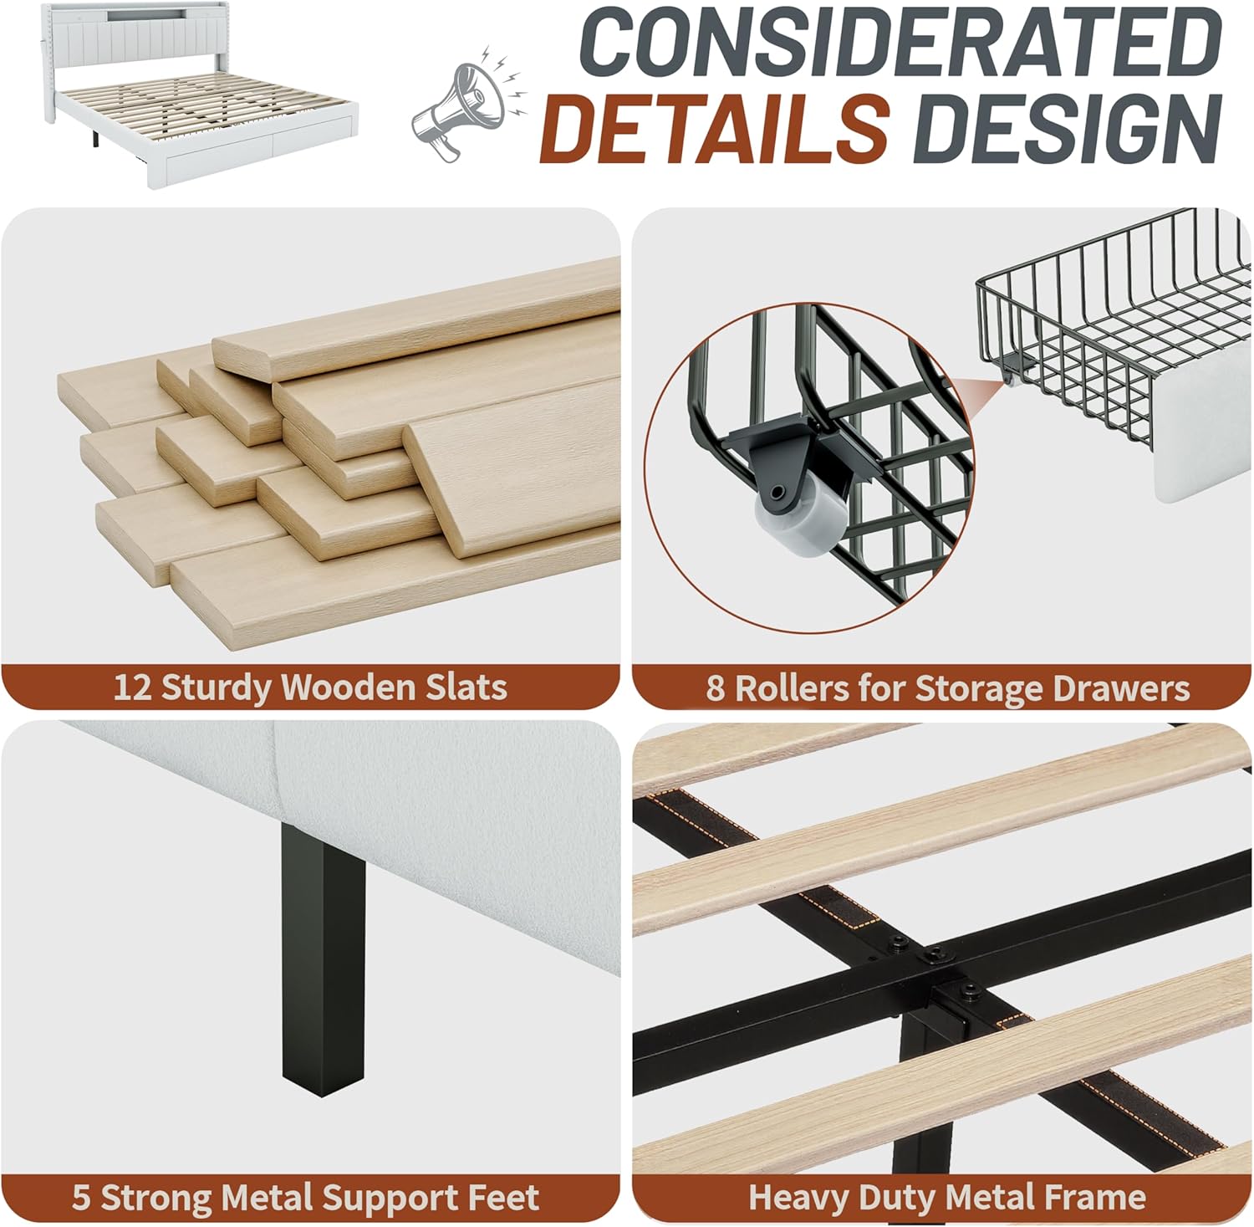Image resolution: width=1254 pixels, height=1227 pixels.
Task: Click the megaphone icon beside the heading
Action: tap(468, 105)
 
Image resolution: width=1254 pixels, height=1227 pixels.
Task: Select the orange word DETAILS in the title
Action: tap(716, 127)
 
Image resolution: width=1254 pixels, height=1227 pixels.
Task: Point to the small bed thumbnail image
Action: tap(180, 95)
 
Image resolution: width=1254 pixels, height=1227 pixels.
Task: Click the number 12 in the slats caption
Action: tap(132, 688)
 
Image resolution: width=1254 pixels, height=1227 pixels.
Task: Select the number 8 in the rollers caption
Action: tap(715, 688)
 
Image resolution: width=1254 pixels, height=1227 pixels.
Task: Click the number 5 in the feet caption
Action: tap(81, 1198)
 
